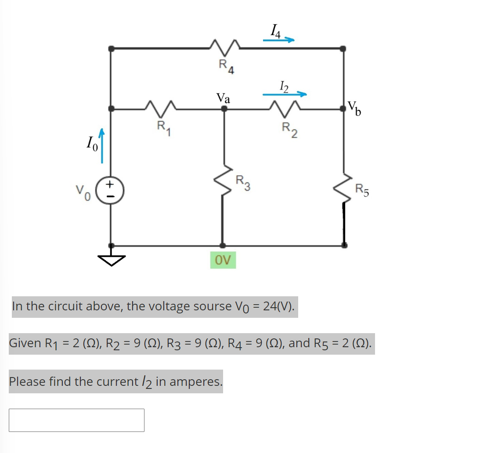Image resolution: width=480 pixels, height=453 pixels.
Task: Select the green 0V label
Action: coord(223,260)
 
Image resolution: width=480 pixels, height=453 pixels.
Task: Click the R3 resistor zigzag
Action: coord(224,182)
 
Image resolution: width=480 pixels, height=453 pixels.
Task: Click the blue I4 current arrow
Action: coord(278,40)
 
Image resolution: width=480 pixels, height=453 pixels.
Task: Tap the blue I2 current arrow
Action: coord(284,93)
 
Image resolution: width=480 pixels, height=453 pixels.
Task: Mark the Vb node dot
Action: coord(343,108)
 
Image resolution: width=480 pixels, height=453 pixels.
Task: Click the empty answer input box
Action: coord(76,420)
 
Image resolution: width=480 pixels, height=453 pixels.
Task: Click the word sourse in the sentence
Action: coord(210,306)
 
